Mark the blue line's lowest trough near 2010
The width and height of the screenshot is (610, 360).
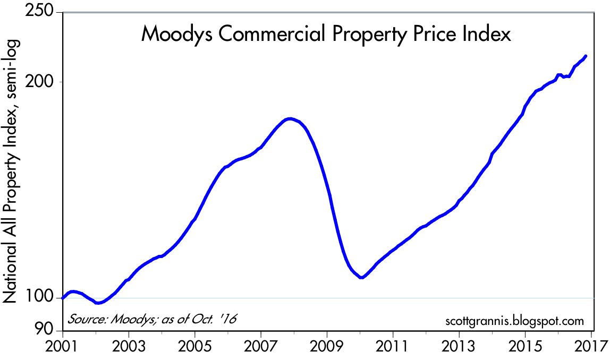coord(361,277)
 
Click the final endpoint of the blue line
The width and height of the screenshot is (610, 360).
coord(586,56)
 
